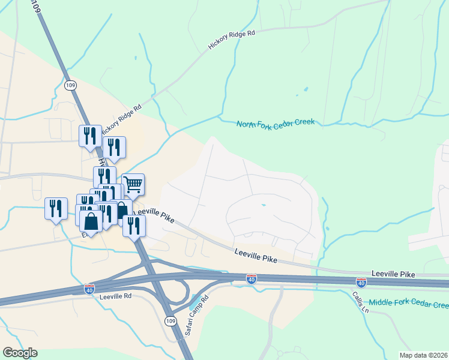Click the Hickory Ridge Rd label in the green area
[232, 40]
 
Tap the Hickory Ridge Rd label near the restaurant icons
[121, 119]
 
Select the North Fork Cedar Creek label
[276, 123]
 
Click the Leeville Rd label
[116, 296]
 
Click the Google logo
[20, 352]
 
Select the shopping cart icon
[133, 184]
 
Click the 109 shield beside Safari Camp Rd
[170, 321]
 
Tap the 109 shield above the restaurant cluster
[71, 85]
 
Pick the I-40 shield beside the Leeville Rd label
[89, 289]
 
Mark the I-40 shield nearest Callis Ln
[361, 281]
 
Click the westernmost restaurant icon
[56, 209]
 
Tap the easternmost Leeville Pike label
[393, 274]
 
